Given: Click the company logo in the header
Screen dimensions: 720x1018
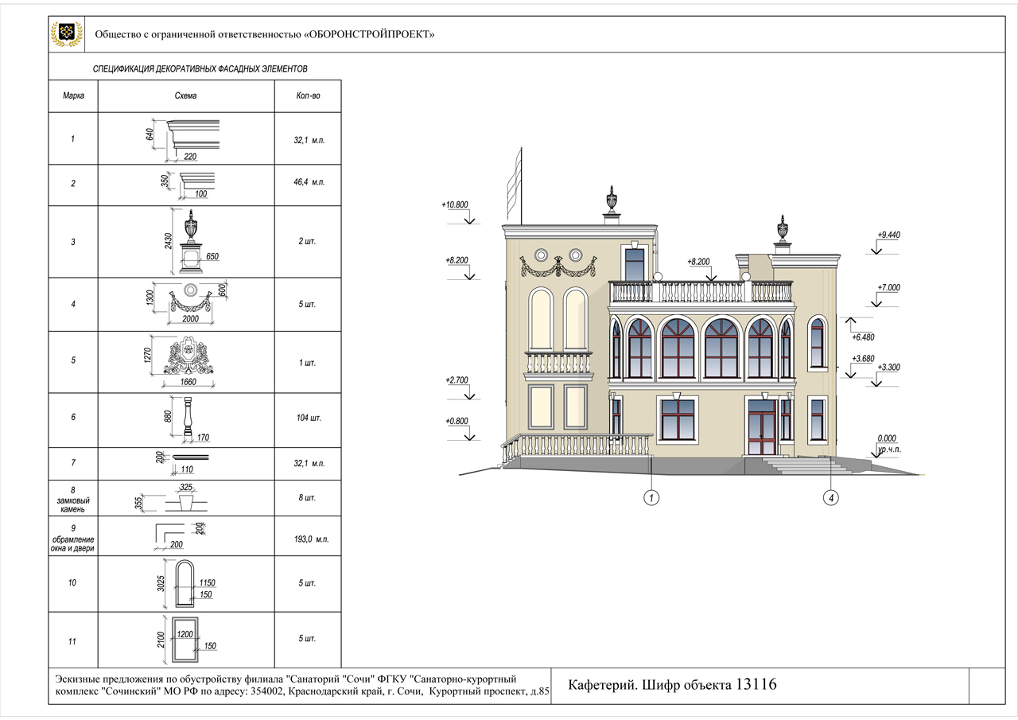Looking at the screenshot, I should [x=67, y=33].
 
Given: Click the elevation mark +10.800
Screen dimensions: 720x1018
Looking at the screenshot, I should [x=455, y=205].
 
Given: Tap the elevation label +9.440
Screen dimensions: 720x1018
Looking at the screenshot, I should [x=888, y=235].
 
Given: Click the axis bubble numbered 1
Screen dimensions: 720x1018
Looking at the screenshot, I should [x=651, y=499].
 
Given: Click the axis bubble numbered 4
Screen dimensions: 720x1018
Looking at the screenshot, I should [x=831, y=499].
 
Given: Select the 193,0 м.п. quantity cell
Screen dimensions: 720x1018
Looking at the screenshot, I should [x=309, y=539].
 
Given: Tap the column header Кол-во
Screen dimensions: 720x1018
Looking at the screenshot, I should [x=308, y=96].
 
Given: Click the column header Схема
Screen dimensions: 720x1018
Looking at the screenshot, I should [x=185, y=96].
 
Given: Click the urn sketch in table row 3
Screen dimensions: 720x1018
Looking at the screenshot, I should [x=191, y=239].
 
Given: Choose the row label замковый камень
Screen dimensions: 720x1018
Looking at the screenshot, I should [x=72, y=500].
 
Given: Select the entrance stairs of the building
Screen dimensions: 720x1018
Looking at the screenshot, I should [x=800, y=465].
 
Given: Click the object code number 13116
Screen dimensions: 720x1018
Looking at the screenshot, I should [x=756, y=685].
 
